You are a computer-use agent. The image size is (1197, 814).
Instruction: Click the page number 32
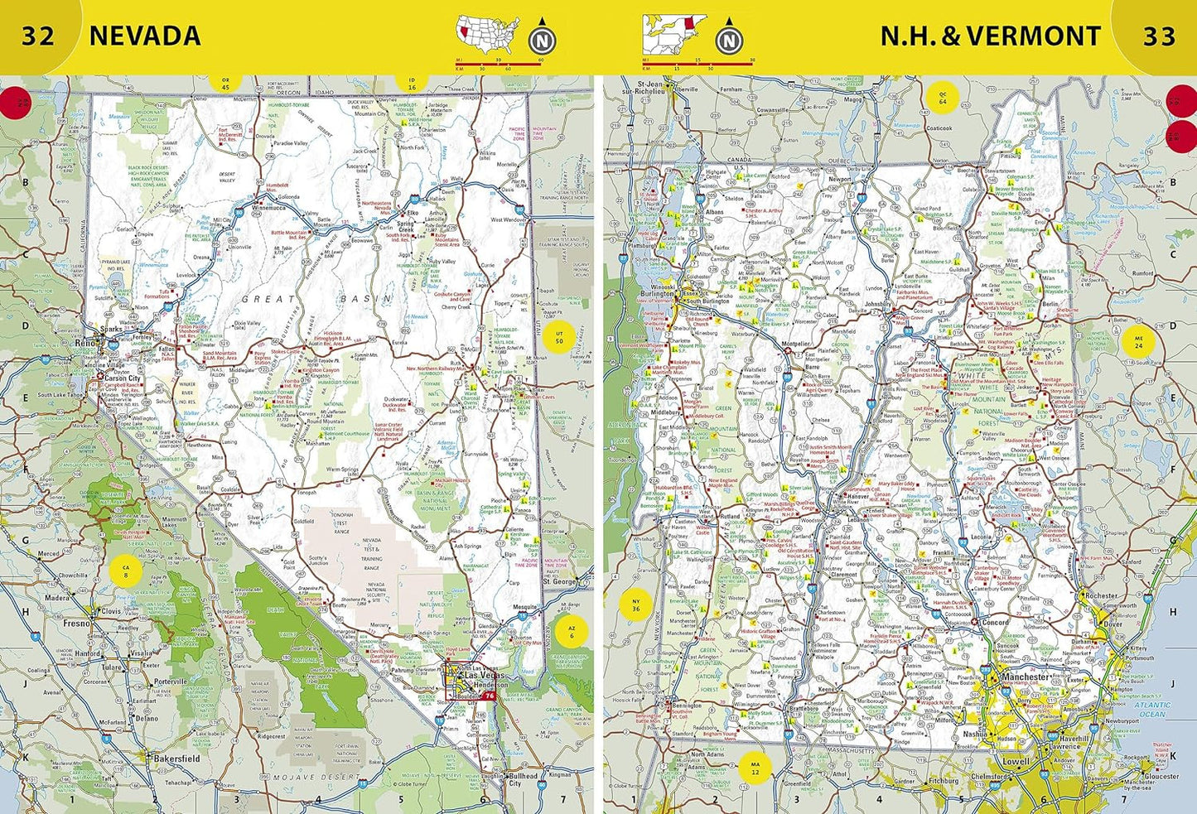tap(37, 36)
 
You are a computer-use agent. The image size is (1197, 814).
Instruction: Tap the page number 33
tap(1159, 36)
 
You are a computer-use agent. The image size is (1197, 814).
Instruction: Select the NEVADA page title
tap(145, 36)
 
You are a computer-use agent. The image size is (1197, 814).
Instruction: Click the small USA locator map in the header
tap(487, 36)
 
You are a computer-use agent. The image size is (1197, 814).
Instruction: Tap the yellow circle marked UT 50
tap(560, 337)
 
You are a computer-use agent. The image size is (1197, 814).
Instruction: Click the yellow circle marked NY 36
tap(636, 605)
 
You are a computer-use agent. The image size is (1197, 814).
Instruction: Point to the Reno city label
tap(84, 342)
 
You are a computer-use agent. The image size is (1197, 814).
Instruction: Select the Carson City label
tap(122, 378)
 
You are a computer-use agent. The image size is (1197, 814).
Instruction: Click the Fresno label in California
tap(78, 623)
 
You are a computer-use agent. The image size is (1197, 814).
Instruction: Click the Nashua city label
tap(975, 734)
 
